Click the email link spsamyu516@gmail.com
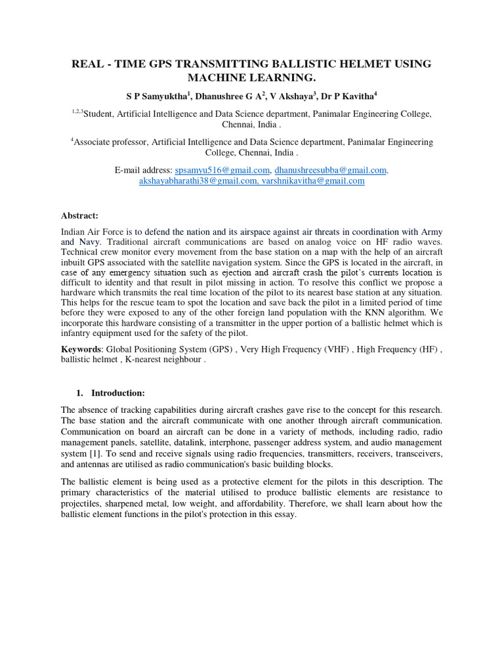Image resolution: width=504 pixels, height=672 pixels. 216,170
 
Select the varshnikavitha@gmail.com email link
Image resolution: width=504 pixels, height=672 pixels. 313,181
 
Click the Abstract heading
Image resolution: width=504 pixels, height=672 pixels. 79,215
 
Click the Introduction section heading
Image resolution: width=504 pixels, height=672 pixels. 117,393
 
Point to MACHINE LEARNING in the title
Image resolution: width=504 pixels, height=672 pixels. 252,78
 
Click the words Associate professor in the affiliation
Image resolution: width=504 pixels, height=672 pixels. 114,142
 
